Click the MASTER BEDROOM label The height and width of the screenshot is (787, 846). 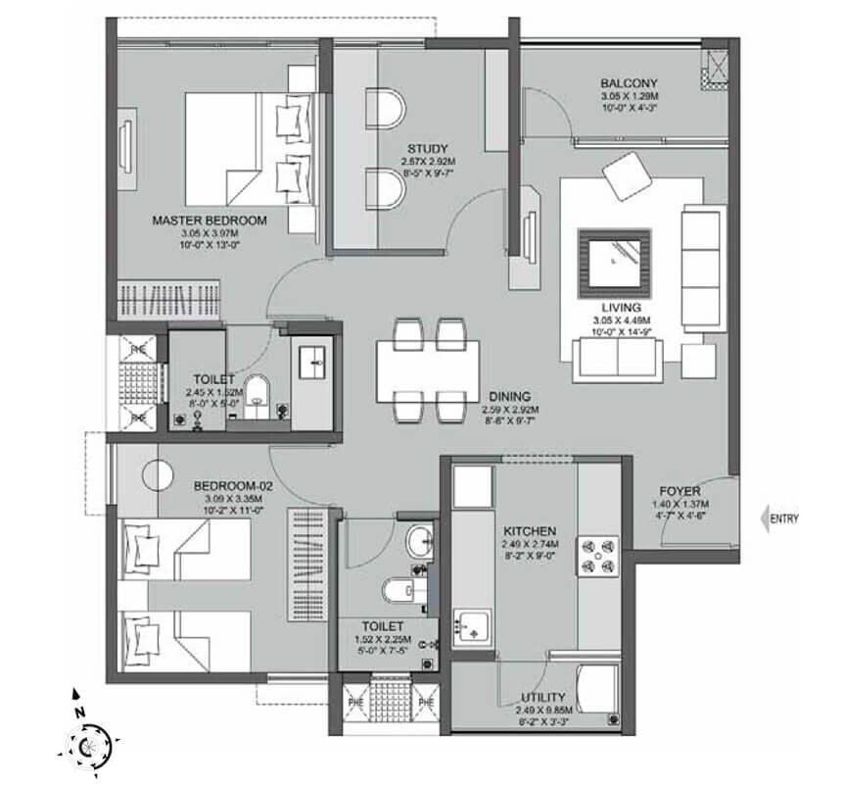(205, 221)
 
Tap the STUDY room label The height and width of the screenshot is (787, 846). (429, 148)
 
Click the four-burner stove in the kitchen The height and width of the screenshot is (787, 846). (599, 555)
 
